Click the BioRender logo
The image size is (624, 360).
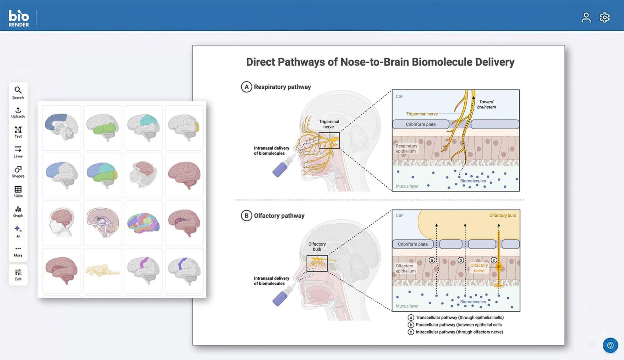click(x=19, y=18)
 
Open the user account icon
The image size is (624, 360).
click(x=586, y=18)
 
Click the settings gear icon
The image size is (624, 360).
click(x=604, y=18)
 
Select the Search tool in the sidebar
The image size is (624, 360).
click(x=18, y=92)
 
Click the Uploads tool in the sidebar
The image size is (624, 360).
click(x=18, y=112)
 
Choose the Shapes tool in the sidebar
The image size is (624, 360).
click(x=18, y=172)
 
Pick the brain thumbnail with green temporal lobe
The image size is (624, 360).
click(x=102, y=128)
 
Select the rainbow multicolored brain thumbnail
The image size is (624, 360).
click(x=143, y=223)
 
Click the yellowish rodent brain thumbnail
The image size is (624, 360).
click(x=102, y=270)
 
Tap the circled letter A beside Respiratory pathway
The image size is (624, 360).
click(x=246, y=87)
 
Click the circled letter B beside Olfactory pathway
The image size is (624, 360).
click(x=246, y=216)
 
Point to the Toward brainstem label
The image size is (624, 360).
click(x=486, y=104)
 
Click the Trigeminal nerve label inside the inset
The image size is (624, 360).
click(x=422, y=114)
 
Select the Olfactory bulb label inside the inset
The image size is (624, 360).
click(x=502, y=216)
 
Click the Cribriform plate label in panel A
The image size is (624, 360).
click(x=420, y=124)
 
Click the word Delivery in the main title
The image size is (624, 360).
click(x=494, y=62)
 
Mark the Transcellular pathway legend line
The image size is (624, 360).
click(x=459, y=318)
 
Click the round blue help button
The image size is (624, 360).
click(x=610, y=345)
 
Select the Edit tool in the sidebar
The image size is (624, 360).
click(x=18, y=274)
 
